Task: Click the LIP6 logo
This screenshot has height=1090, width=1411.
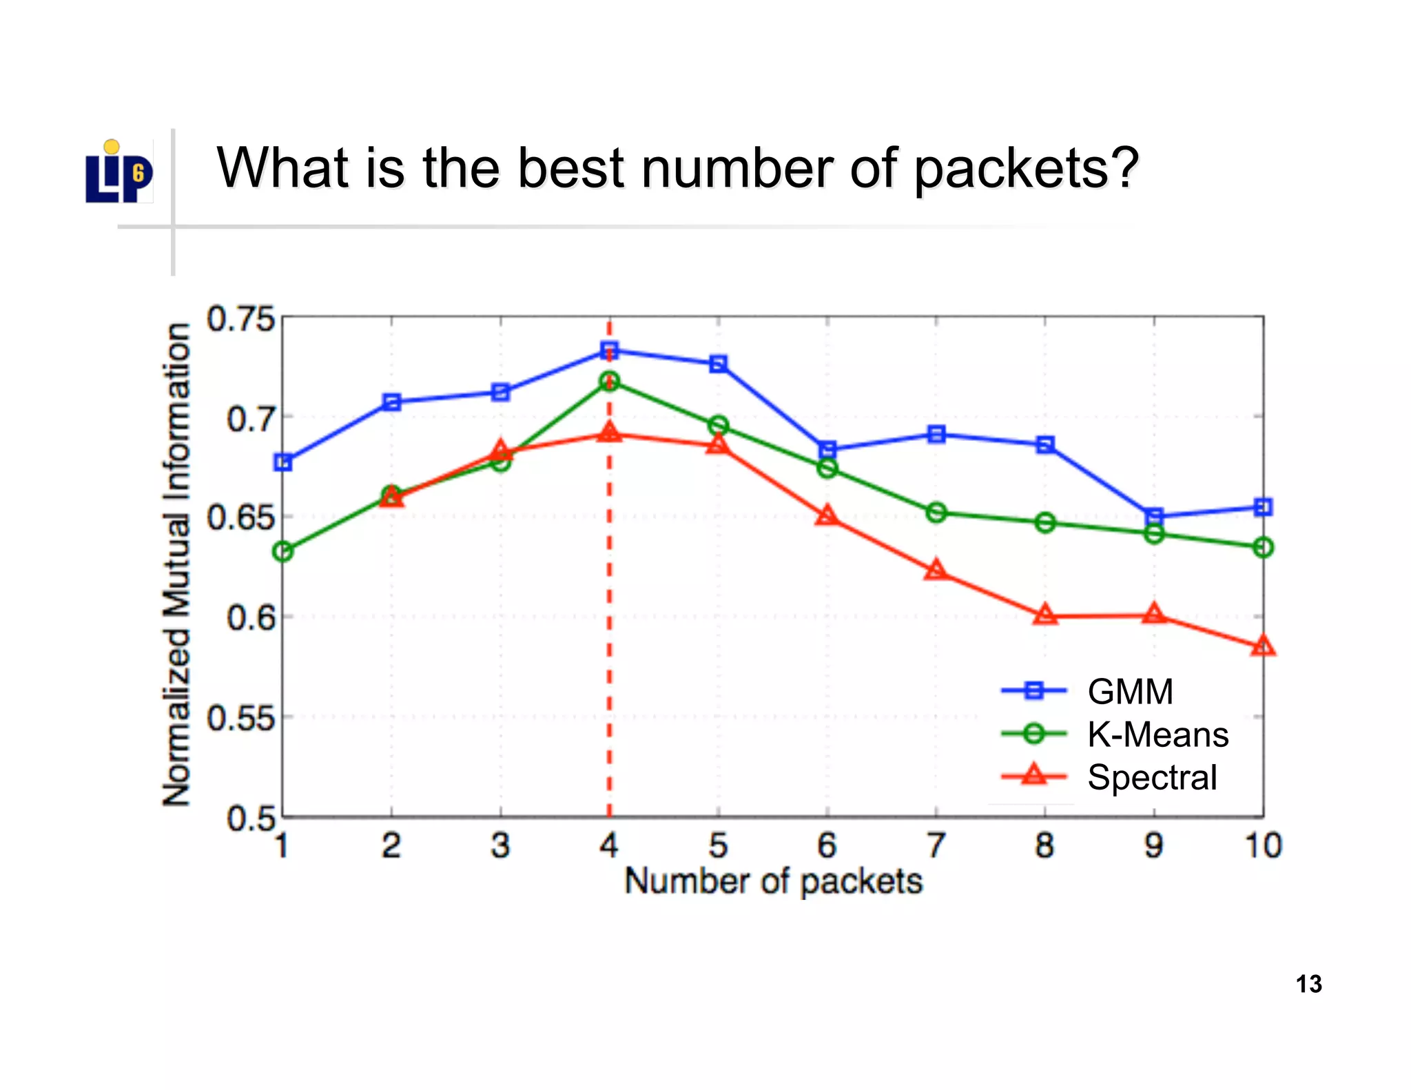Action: [119, 173]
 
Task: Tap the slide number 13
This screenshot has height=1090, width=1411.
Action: [1308, 984]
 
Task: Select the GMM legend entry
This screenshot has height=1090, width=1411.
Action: [1129, 692]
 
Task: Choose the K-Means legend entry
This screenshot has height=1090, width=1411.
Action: [1157, 734]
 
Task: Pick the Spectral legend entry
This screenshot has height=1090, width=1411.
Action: [1152, 777]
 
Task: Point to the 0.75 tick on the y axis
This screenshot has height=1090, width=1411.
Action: [240, 320]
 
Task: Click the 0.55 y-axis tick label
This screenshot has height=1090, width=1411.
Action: [240, 719]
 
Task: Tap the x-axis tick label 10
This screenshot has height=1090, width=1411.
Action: [1263, 845]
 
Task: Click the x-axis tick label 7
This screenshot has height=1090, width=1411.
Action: [936, 845]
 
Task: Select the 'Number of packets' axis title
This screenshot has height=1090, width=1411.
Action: [773, 881]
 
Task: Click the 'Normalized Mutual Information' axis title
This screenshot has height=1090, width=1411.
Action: [176, 565]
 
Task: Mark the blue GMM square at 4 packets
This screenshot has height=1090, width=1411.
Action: [609, 351]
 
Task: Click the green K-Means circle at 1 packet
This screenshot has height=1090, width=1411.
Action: [282, 551]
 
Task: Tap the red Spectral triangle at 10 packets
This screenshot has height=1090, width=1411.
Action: [1263, 646]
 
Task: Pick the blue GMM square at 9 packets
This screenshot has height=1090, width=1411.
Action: [1154, 517]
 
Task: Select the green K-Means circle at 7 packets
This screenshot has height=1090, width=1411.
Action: [936, 513]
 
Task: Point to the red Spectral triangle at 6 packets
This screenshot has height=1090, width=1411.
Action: [827, 516]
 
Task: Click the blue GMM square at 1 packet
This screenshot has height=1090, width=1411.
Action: [282, 462]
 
